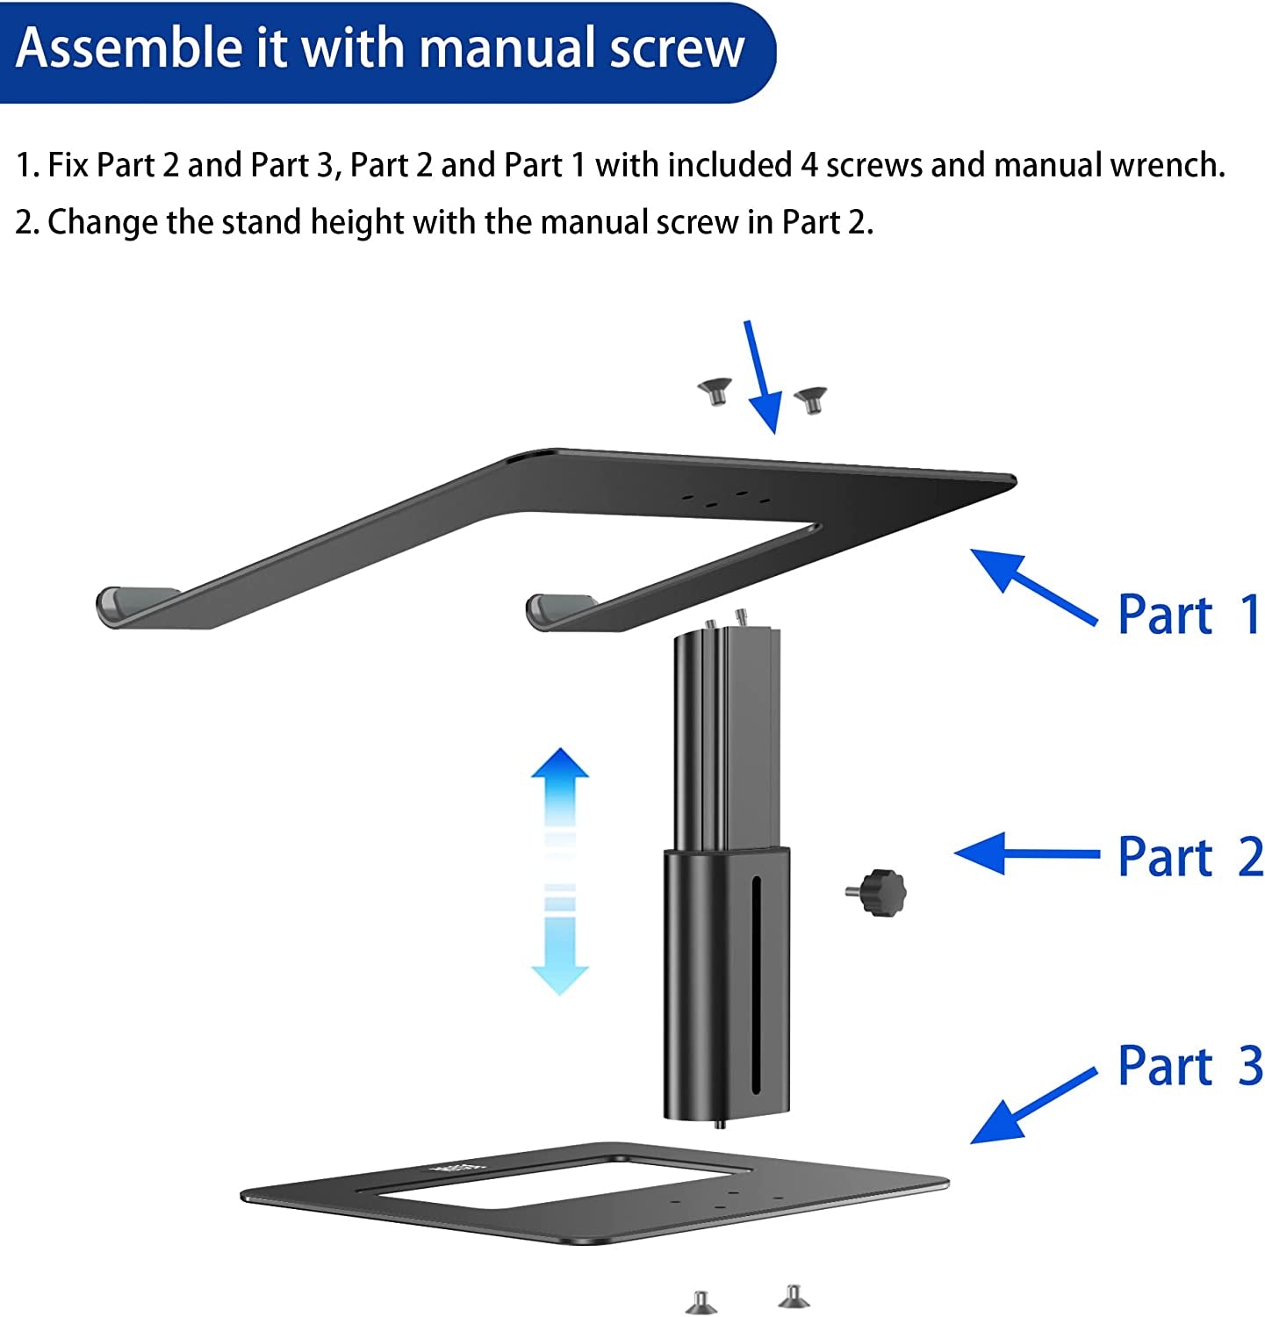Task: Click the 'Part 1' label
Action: pos(1189,614)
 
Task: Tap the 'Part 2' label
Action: pos(1189,856)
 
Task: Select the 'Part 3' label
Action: pos(1189,1065)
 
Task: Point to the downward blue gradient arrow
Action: pos(559,948)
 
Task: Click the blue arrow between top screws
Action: pos(762,378)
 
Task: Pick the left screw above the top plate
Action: pos(715,391)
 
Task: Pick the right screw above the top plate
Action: pos(810,400)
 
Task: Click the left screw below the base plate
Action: pos(701,1302)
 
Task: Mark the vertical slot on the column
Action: pos(754,983)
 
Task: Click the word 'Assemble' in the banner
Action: pos(130,47)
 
